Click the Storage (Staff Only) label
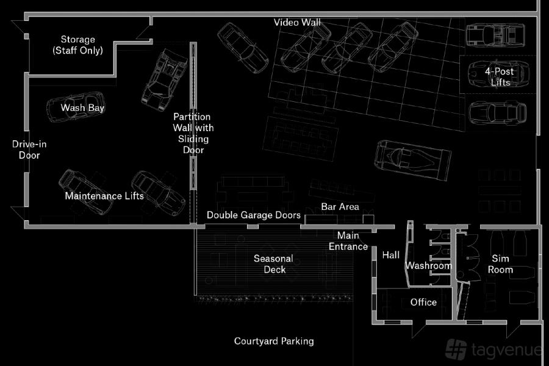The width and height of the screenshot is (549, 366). pyautogui.click(x=77, y=45)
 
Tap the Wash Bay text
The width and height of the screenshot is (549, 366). pyautogui.click(x=82, y=107)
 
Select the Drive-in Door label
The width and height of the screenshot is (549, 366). pyautogui.click(x=29, y=149)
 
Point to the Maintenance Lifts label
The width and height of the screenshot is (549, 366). pyautogui.click(x=104, y=196)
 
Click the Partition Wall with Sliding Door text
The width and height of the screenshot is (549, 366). pyautogui.click(x=193, y=133)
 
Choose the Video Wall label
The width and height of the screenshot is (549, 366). pyautogui.click(x=297, y=23)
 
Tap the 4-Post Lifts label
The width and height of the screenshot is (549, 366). pyautogui.click(x=500, y=77)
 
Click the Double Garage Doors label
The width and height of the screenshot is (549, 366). pyautogui.click(x=254, y=215)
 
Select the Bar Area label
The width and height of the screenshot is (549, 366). pyautogui.click(x=340, y=207)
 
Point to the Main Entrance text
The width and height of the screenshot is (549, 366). pyautogui.click(x=348, y=241)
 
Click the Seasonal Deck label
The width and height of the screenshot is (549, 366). pyautogui.click(x=273, y=264)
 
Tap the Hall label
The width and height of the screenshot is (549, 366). pyautogui.click(x=391, y=255)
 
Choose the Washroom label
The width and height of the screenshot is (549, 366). pyautogui.click(x=429, y=266)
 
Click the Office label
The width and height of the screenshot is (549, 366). pyautogui.click(x=423, y=303)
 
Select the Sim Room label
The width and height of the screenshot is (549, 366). pyautogui.click(x=500, y=264)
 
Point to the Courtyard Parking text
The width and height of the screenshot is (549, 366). pyautogui.click(x=274, y=341)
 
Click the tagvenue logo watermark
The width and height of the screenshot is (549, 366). pyautogui.click(x=494, y=349)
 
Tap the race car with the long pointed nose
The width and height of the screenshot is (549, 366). pyautogui.click(x=413, y=160)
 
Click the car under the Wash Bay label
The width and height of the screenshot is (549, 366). pyautogui.click(x=76, y=107)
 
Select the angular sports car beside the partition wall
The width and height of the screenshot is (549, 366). pyautogui.click(x=164, y=80)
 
